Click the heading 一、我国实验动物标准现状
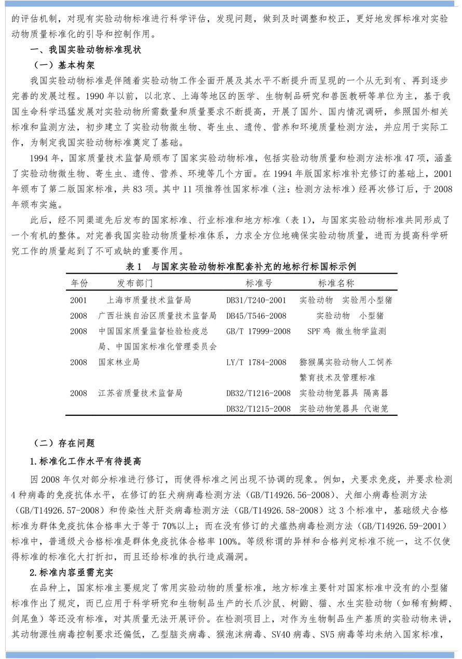86,51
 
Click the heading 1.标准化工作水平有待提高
86,461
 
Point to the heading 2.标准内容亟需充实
75,572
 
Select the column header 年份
79,283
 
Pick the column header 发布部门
135,283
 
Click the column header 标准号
259,283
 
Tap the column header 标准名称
336,283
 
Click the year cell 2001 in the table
79,300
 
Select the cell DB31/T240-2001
256,300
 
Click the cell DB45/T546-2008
256,316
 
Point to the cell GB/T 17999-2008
259,331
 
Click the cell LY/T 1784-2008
256,362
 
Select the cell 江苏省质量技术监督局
140,394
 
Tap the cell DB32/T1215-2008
259,409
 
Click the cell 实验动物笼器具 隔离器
344,394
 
